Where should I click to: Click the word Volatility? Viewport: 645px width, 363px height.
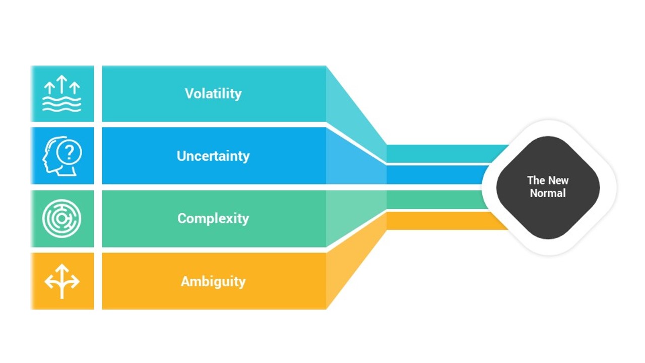tap(213, 94)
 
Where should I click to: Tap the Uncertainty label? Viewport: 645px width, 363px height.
tap(213, 156)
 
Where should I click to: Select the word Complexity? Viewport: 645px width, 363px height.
tap(213, 218)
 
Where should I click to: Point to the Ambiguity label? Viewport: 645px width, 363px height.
tap(213, 281)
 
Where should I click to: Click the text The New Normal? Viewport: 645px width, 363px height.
tap(548, 187)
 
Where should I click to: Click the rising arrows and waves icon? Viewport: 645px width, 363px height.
tap(62, 94)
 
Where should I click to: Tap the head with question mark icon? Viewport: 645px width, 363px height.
tap(62, 156)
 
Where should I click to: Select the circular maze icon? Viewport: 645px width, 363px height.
tap(62, 218)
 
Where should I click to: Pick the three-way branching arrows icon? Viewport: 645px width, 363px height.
tap(62, 281)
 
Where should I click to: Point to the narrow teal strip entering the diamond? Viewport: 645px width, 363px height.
tap(443, 153)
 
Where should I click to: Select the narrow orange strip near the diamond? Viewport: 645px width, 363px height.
tap(443, 221)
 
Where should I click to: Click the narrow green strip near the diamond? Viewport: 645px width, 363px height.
tap(433, 199)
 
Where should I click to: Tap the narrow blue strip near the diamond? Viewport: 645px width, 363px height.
tap(433, 174)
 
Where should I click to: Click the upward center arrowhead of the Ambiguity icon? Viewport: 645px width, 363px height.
tap(62, 268)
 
